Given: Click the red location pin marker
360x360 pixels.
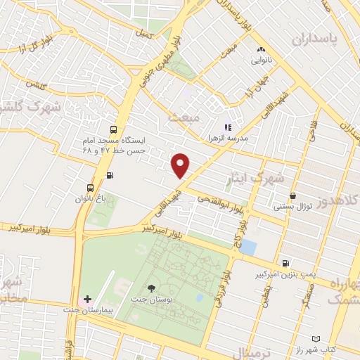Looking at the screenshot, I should tap(181, 165).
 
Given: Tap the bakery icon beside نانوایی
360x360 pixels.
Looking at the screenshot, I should tap(261, 49).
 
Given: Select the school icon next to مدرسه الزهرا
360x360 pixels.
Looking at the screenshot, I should tap(226, 127).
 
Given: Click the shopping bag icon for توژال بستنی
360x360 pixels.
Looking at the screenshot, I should tap(292, 195).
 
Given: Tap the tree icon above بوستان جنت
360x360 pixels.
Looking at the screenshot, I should tap(151, 288).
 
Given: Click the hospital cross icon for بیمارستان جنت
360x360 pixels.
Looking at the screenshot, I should tap(87, 300).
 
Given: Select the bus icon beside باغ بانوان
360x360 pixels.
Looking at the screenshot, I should tap(90, 188).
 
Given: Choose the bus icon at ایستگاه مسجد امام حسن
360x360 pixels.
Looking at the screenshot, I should tap(113, 130).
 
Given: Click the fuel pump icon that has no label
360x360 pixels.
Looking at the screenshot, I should tap(108, 175).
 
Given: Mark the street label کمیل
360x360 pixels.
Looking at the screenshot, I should tap(143, 33).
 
